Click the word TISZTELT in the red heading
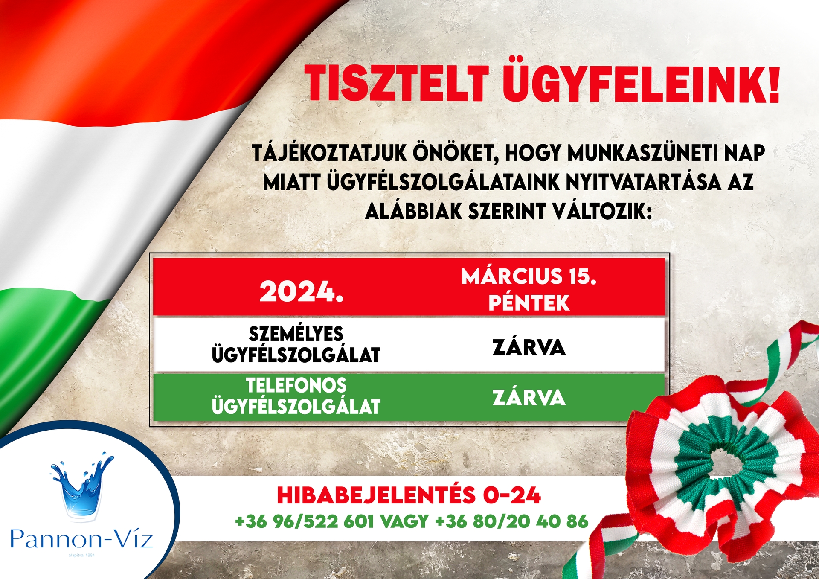coord(396,84)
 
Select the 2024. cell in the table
coord(302,292)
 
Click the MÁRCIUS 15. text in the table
coord(529,276)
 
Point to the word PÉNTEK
coord(529,303)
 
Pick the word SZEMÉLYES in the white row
coord(296,334)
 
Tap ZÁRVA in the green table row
coord(529,398)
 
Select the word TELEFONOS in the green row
coord(296,385)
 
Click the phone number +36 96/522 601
coord(305,521)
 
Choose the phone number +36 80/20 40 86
coord(512,521)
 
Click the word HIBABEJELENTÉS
coord(376,495)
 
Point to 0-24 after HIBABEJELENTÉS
coord(512,495)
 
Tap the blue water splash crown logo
coord(82,486)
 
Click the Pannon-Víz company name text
coord(81,538)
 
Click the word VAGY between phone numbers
coord(404,521)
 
